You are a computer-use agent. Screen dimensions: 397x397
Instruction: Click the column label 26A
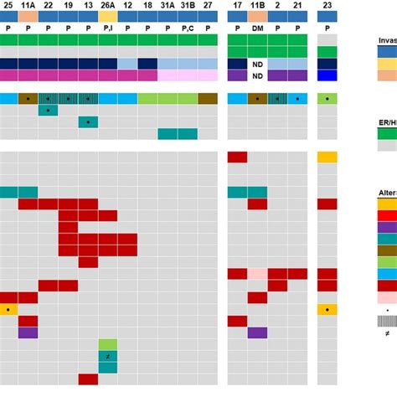click(x=107, y=5)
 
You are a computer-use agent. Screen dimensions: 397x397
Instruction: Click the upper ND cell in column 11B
click(x=257, y=64)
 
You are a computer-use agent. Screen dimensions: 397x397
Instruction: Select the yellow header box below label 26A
click(x=107, y=16)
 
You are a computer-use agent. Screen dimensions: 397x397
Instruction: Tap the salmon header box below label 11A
click(x=28, y=16)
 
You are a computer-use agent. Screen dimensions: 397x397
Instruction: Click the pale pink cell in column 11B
click(x=257, y=274)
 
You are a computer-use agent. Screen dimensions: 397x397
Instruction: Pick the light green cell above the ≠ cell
click(x=107, y=344)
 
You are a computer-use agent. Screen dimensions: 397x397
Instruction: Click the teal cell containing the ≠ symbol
click(x=107, y=356)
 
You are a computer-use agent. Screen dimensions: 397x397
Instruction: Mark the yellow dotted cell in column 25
click(x=9, y=309)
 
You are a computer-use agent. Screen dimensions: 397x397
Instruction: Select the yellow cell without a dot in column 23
click(x=327, y=157)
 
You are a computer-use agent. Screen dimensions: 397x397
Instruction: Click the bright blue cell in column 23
click(x=327, y=75)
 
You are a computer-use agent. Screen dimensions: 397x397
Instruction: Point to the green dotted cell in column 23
click(x=327, y=99)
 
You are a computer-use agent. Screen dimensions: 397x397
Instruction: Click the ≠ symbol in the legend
click(x=384, y=333)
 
